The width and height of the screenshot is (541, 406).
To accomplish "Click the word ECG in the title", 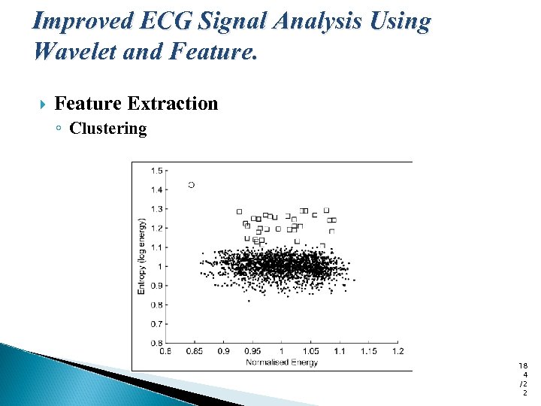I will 165,21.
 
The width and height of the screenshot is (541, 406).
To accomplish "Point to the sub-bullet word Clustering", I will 108,129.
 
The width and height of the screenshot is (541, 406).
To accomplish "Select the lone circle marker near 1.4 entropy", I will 191,184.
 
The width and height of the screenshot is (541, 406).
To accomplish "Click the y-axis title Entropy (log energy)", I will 143,256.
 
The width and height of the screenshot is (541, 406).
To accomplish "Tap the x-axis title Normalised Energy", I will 282,362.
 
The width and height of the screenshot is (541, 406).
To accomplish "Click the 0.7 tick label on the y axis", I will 156,324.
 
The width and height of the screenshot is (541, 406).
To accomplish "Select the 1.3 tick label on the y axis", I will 156,209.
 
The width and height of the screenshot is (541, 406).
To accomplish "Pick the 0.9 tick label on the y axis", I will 156,286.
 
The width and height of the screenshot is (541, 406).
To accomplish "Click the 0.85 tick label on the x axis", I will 194,351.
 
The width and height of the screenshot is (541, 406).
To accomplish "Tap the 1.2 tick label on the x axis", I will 397,351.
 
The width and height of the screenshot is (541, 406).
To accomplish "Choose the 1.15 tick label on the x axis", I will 368,351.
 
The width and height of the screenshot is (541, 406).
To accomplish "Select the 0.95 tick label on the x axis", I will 252,351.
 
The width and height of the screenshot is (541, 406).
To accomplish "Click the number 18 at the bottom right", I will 523,365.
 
